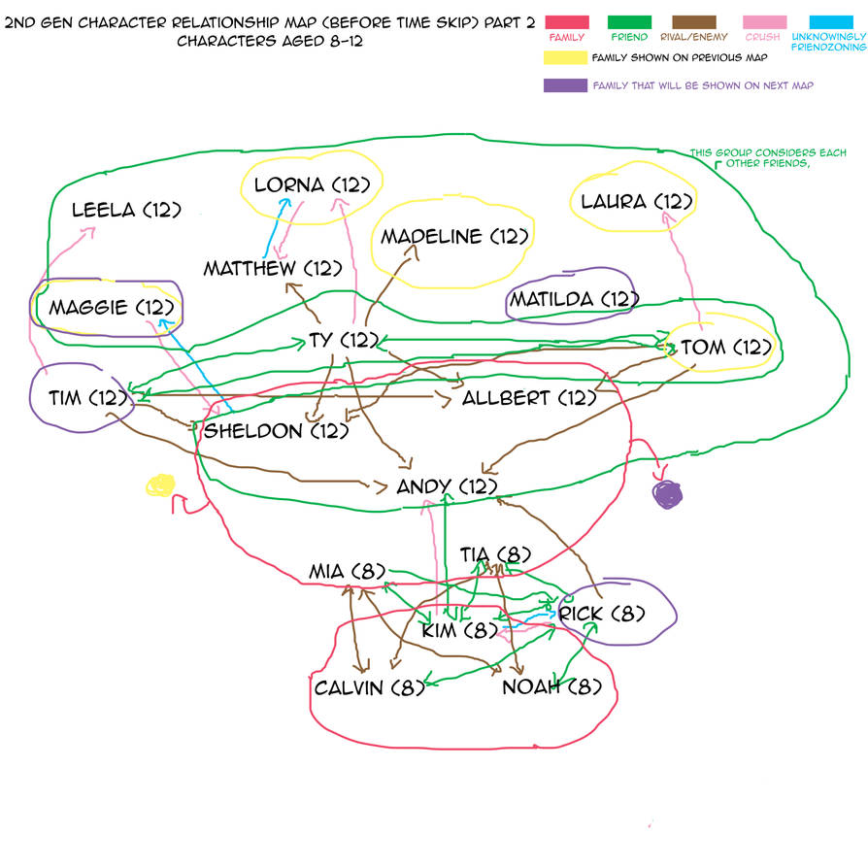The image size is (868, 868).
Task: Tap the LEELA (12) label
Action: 127,209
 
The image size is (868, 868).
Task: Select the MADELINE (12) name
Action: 454,236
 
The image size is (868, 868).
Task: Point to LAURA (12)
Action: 636,202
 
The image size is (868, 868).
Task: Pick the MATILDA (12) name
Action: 573,298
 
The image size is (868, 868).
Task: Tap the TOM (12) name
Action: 725,347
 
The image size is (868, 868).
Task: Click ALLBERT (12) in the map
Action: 528,397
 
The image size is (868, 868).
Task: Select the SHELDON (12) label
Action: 275,430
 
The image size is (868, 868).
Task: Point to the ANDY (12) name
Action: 447,486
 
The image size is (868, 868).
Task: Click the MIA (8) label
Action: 348,571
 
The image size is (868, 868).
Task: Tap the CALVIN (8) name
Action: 370,688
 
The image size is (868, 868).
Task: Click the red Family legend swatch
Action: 567,20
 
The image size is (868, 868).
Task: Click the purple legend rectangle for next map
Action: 565,84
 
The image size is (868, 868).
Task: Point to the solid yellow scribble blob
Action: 158,484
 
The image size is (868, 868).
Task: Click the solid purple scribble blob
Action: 668,494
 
